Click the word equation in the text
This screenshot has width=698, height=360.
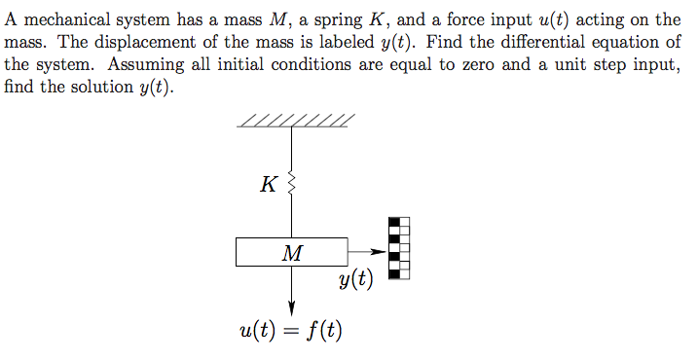634,43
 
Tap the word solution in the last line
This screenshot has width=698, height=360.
99,87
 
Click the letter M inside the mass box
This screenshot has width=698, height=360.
291,253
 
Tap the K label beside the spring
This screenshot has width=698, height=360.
269,183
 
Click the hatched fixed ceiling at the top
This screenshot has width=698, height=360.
294,121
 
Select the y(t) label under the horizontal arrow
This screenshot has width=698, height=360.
356,280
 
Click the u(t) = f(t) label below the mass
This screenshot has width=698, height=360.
290,330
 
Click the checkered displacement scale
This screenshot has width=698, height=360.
399,247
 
